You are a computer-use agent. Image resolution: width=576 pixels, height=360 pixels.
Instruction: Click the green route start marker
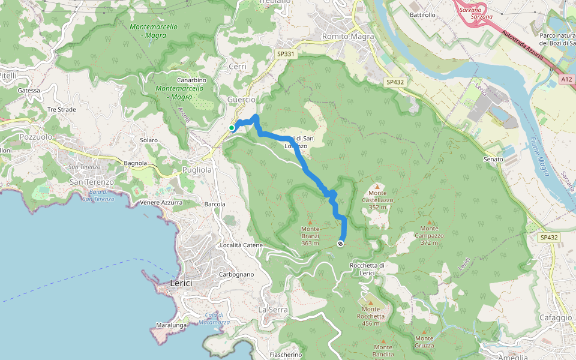[232, 127]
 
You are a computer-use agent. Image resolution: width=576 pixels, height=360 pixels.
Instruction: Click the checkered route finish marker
[340, 244]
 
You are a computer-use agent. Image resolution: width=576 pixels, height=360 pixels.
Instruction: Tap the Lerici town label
[184, 283]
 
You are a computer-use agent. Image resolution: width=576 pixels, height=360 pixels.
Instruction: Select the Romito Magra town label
[348, 37]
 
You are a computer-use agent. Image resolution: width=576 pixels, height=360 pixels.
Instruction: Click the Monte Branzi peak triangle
[310, 222]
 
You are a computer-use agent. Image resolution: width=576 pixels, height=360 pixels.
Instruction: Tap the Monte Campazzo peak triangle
[429, 221]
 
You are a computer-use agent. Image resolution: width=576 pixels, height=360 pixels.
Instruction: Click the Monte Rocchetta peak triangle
[370, 303]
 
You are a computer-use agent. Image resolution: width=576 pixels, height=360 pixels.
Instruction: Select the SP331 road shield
[286, 54]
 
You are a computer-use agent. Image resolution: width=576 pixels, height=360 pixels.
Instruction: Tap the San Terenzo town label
[92, 182]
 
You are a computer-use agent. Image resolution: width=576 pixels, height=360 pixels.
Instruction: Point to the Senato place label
[494, 159]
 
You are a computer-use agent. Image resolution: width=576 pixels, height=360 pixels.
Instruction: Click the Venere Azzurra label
[161, 202]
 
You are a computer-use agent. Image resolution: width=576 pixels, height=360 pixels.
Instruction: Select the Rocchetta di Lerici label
[367, 269]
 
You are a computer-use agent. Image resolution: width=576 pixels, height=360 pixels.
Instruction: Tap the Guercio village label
[241, 100]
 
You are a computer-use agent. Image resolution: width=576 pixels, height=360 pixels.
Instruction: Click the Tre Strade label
[61, 110]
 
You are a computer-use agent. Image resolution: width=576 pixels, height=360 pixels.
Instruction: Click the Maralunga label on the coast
[170, 325]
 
